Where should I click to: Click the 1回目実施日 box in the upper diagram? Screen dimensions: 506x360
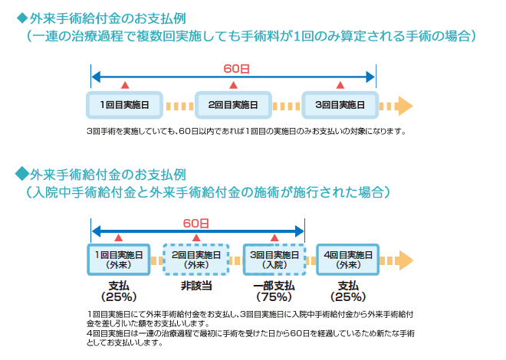pyautogui.click(x=124, y=105)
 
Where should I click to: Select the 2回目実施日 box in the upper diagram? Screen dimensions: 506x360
pyautogui.click(x=233, y=105)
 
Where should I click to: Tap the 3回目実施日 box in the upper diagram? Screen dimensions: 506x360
pyautogui.click(x=340, y=105)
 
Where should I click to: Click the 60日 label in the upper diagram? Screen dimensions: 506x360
pyautogui.click(x=237, y=69)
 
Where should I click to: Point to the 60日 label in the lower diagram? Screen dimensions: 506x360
pyautogui.click(x=196, y=223)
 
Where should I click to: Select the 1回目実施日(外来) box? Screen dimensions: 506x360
pyautogui.click(x=119, y=260)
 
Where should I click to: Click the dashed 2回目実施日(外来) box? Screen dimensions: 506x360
pyautogui.click(x=196, y=260)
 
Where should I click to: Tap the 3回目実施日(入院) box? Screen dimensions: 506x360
pyautogui.click(x=274, y=260)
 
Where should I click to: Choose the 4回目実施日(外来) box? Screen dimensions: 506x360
pyautogui.click(x=348, y=260)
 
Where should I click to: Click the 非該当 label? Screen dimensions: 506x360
pyautogui.click(x=196, y=286)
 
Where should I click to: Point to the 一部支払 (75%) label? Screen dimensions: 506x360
pyautogui.click(x=274, y=291)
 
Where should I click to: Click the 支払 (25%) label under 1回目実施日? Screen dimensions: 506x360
pyautogui.click(x=119, y=291)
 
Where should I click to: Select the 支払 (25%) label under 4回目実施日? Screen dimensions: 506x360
pyautogui.click(x=348, y=291)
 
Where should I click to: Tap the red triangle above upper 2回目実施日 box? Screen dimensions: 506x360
pyautogui.click(x=233, y=85)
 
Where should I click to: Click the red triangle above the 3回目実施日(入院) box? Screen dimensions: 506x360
pyautogui.click(x=274, y=238)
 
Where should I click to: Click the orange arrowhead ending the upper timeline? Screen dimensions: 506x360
pyautogui.click(x=406, y=106)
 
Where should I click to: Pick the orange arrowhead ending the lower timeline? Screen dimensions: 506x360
pyautogui.click(x=406, y=260)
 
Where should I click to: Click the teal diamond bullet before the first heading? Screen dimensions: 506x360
pyautogui.click(x=22, y=18)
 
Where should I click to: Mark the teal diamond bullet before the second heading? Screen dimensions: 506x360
pyautogui.click(x=21, y=173)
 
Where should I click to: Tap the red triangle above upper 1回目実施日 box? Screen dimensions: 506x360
pyautogui.click(x=125, y=85)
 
